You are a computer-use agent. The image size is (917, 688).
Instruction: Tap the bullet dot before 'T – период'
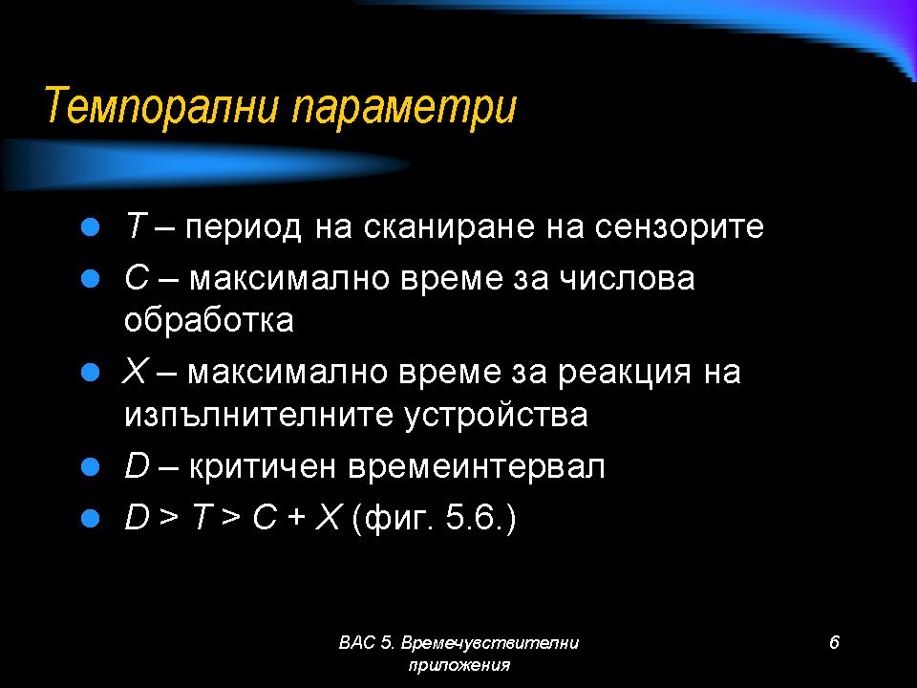pos(90,227)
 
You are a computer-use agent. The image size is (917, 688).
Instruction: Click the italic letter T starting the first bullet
pos(135,226)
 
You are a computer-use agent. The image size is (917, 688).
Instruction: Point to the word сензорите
pos(679,227)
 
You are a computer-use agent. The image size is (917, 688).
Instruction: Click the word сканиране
pos(449,227)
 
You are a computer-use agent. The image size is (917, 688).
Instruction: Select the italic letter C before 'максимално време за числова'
pos(137,278)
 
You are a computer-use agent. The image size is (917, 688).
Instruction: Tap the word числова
pos(627,279)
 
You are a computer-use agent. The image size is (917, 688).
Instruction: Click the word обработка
pos(209,320)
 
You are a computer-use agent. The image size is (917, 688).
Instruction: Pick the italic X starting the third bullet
pos(135,372)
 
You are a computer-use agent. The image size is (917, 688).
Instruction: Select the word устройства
pos(496,416)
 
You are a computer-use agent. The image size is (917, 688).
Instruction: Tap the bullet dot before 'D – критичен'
pos(90,467)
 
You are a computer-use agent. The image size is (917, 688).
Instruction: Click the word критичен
pos(263,467)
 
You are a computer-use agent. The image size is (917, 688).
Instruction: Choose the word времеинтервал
pos(476,467)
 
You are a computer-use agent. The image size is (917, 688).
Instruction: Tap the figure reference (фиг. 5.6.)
pos(435,518)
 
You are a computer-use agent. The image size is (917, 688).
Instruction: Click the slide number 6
pos(834,642)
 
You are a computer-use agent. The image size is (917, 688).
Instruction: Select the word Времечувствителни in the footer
pos(490,643)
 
